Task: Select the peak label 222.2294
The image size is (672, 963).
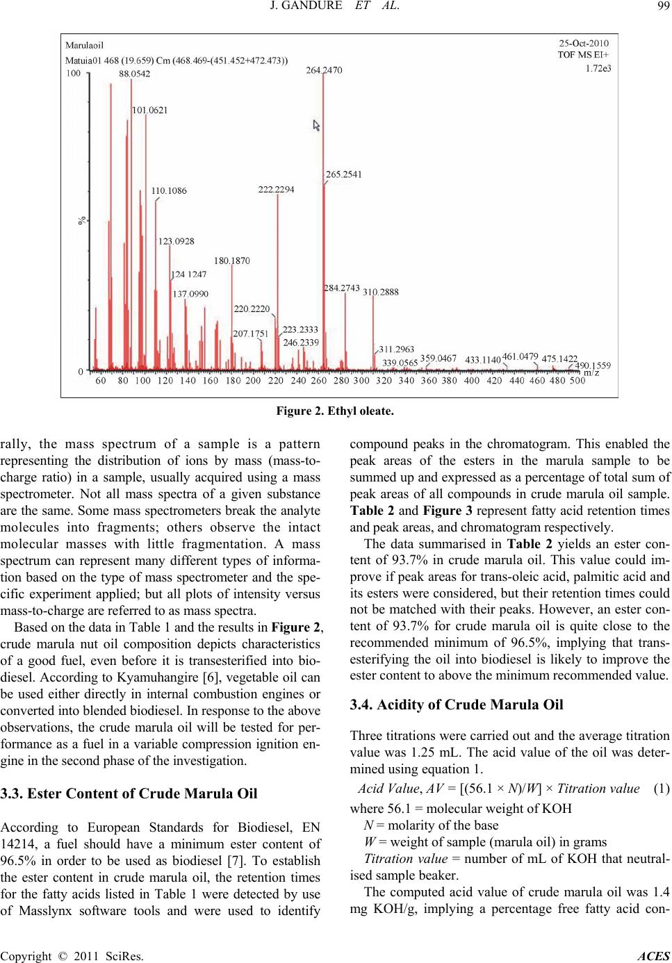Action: coord(277,190)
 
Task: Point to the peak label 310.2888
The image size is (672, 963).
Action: coord(380,293)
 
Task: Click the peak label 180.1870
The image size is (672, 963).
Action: coord(231,261)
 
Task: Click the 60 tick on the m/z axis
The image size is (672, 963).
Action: coord(101,381)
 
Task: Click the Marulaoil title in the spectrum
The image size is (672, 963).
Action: coord(85,46)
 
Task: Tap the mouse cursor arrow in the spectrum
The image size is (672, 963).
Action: coord(317,126)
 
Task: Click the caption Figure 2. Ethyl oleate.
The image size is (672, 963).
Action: coord(336,411)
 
